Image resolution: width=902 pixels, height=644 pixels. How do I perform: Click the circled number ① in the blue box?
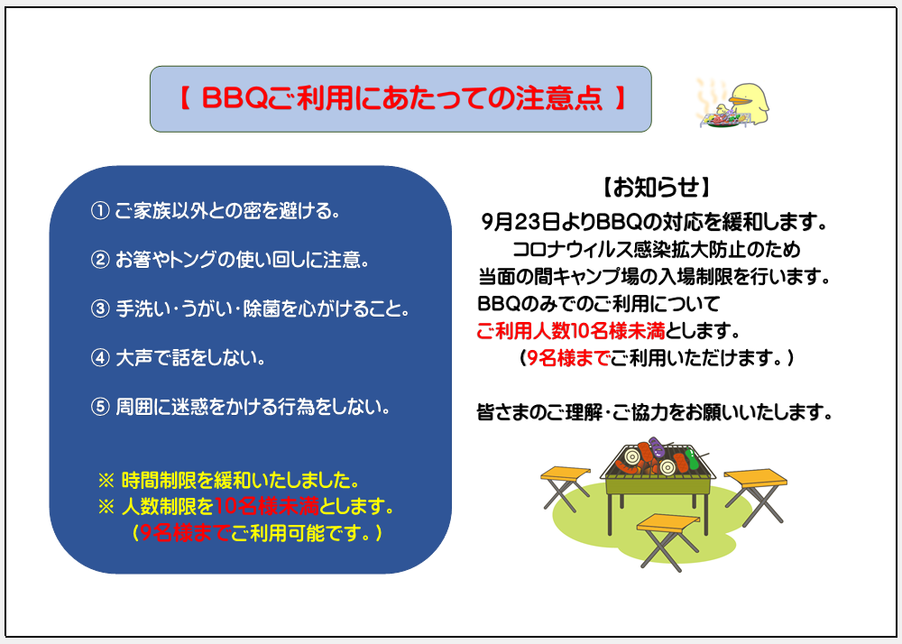point(100,211)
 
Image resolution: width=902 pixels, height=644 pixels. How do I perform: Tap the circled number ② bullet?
point(100,260)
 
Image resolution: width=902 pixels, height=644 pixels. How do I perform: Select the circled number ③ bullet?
point(100,308)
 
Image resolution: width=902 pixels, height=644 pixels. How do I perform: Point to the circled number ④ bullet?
point(100,358)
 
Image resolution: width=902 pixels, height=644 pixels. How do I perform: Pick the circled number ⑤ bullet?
point(100,407)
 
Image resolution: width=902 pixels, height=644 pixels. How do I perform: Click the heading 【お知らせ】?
point(656,188)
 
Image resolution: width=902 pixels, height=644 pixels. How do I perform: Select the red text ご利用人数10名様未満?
point(571,331)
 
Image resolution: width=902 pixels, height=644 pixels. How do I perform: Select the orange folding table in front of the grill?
point(667,541)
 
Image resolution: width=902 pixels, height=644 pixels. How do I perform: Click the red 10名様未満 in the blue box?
point(266,507)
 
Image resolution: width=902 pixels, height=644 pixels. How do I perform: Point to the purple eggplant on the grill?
point(657,446)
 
